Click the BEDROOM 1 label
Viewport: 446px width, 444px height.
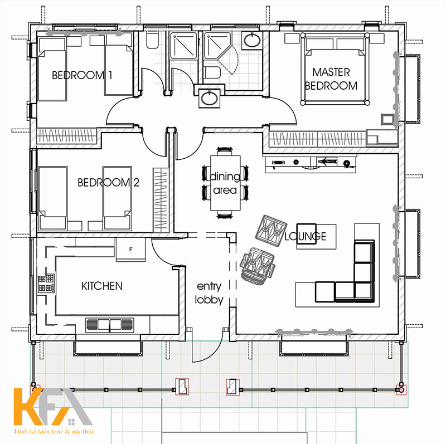[x=82, y=75]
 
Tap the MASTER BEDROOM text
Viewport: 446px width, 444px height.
[x=331, y=79]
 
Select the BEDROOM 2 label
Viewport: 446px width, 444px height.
[x=108, y=183]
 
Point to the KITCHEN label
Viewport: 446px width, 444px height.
[x=102, y=286]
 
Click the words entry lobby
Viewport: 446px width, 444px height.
[x=209, y=293]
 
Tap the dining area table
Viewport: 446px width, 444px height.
[x=225, y=183]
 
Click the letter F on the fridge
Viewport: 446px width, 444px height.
[x=131, y=249]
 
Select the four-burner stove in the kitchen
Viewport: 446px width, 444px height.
[x=46, y=283]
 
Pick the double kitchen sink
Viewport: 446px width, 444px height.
[x=109, y=325]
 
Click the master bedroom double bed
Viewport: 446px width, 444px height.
[x=335, y=69]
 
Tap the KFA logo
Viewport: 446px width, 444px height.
[x=52, y=407]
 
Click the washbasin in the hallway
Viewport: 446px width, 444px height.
[x=210, y=98]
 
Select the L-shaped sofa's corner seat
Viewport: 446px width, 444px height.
[x=364, y=291]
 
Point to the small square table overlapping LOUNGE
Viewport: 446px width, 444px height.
[x=307, y=234]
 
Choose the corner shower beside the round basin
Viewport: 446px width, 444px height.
[x=217, y=46]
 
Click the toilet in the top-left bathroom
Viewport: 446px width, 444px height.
[x=152, y=40]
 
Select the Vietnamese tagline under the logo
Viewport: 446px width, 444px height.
[x=54, y=432]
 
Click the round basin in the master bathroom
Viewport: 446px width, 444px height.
[x=252, y=41]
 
